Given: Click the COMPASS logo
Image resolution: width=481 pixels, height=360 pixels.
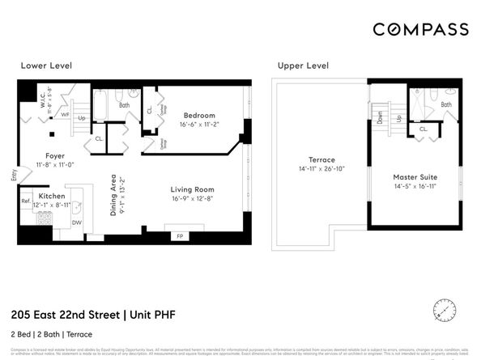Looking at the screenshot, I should click(x=420, y=29).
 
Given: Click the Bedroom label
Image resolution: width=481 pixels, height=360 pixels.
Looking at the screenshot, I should click(x=198, y=115).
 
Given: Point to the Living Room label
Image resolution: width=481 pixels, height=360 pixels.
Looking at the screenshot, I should click(x=193, y=189).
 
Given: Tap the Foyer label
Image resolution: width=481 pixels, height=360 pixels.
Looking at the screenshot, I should click(x=55, y=155).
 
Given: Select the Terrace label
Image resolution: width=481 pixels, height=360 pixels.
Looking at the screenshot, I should click(x=321, y=159).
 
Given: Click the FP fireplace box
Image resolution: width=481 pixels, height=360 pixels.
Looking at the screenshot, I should click(x=180, y=236).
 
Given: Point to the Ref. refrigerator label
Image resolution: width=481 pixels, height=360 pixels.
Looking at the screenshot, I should click(x=25, y=201).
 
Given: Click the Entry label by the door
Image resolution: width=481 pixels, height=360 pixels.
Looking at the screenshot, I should click(x=13, y=174).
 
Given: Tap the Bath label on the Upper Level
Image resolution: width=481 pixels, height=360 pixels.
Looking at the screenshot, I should click(x=446, y=105).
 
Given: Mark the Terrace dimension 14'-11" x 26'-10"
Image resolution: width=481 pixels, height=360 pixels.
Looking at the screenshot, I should click(x=321, y=169).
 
